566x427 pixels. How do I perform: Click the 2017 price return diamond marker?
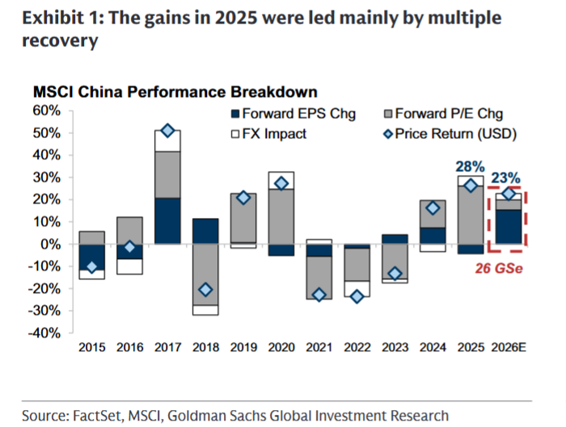[x=167, y=131]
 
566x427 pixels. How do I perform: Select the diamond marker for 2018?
[x=205, y=289]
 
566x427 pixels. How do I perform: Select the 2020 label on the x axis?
[x=281, y=348]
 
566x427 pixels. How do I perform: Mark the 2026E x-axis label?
[x=509, y=348]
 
